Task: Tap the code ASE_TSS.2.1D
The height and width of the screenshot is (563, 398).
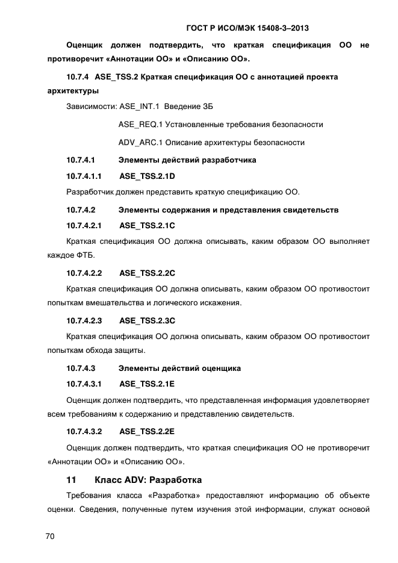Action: pyautogui.click(x=147, y=176)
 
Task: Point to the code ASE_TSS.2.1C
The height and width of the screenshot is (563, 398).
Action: pyautogui.click(x=147, y=226)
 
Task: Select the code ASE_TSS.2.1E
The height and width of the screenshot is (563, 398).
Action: pyautogui.click(x=147, y=383)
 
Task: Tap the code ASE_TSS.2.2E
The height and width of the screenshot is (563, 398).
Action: pyautogui.click(x=147, y=431)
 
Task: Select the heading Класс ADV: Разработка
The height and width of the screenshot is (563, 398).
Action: pyautogui.click(x=148, y=480)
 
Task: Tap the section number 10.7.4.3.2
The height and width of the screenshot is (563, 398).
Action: pyautogui.click(x=84, y=431)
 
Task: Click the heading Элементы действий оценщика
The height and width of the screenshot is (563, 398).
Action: pyautogui.click(x=179, y=367)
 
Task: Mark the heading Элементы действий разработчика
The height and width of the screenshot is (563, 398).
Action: pyautogui.click(x=187, y=160)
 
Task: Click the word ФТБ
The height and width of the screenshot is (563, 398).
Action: pyautogui.click(x=83, y=254)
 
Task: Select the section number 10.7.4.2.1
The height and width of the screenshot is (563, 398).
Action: pyautogui.click(x=84, y=226)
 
